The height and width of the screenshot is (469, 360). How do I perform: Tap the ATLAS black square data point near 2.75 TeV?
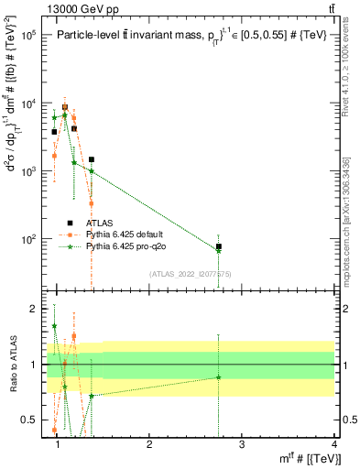click(x=218, y=246)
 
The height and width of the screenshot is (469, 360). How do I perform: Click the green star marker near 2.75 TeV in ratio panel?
click(x=218, y=377)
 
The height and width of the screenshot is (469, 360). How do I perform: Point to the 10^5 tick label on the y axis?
click(x=27, y=36)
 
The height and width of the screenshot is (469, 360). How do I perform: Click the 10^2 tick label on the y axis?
click(x=27, y=239)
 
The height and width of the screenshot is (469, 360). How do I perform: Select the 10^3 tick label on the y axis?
click(x=27, y=171)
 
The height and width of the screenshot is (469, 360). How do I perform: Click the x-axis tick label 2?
click(x=150, y=444)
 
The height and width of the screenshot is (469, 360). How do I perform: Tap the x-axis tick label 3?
click(x=242, y=444)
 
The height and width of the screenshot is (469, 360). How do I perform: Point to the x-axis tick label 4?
click(x=333, y=444)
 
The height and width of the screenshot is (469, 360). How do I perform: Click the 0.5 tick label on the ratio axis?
click(x=29, y=420)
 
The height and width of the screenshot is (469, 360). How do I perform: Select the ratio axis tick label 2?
click(x=33, y=309)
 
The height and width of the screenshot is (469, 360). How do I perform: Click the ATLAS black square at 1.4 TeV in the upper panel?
click(x=92, y=159)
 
